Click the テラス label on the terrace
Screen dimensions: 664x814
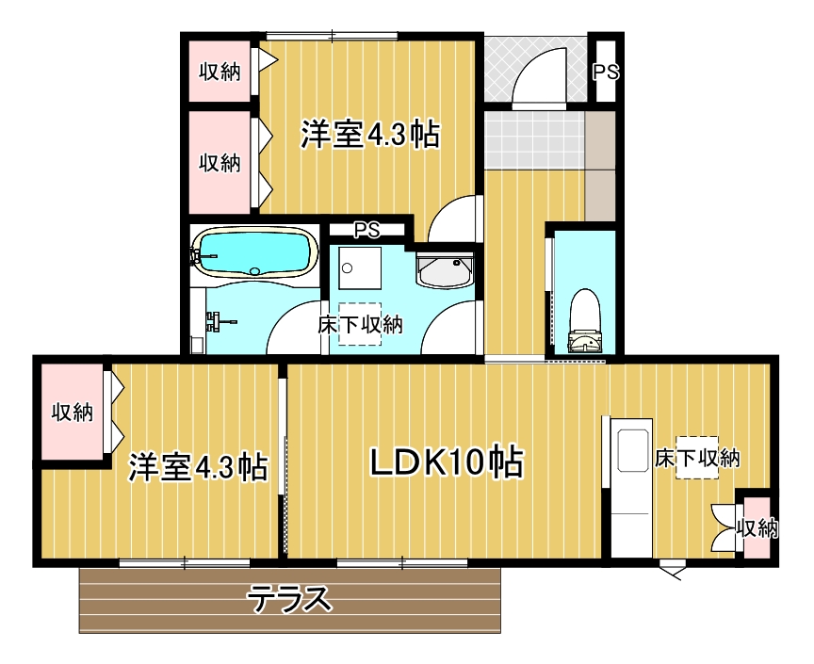(290, 598)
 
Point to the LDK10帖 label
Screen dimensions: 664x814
(446, 462)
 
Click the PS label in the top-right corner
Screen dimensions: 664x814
(605, 72)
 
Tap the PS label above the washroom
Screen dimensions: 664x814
(366, 229)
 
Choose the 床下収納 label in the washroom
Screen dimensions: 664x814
(360, 325)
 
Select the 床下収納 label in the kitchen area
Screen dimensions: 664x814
(697, 459)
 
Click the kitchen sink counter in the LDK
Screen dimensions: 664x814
(628, 485)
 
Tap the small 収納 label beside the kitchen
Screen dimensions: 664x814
(757, 528)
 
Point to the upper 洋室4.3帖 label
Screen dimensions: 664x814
(370, 136)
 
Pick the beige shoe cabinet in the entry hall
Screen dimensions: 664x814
(600, 165)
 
